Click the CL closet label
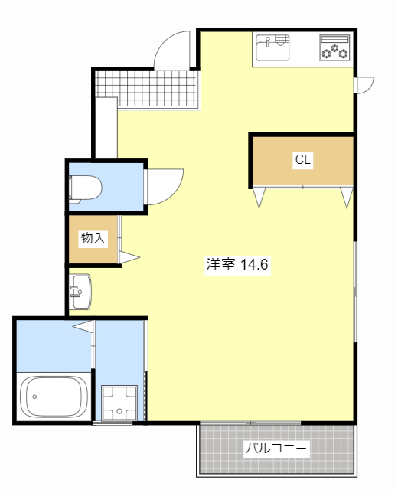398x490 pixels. click(x=303, y=160)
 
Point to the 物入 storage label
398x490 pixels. click(x=93, y=238)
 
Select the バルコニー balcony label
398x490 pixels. click(x=276, y=449)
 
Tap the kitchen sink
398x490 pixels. click(x=272, y=47)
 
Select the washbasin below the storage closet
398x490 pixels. click(x=80, y=291)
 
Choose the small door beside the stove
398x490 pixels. click(x=364, y=83)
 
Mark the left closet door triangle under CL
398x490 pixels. click(x=258, y=197)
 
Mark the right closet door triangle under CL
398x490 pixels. click(x=347, y=197)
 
